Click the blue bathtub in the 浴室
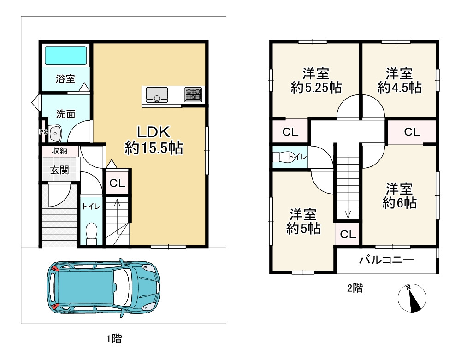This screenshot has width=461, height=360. click(x=65, y=55)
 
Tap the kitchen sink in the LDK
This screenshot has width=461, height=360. click(x=157, y=94)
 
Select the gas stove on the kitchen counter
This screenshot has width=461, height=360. click(x=193, y=94)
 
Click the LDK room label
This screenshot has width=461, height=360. click(x=154, y=132)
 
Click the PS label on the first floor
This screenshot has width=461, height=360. click(x=43, y=132)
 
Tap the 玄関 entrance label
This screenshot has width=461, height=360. click(x=59, y=170)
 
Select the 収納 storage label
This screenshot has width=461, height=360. click(x=59, y=151)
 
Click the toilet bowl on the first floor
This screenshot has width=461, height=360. click(x=91, y=233)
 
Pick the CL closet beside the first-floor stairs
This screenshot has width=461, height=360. click(x=117, y=183)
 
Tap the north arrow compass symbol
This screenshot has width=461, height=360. click(x=412, y=298)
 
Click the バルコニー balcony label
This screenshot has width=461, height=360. click(x=386, y=260)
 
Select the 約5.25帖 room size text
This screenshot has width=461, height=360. click(x=316, y=88)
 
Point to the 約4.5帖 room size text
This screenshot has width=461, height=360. click(x=399, y=88)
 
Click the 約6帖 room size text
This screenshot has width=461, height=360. click(x=399, y=203)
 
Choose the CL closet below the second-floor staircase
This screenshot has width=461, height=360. click(x=348, y=234)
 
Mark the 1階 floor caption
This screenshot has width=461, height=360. click(x=114, y=339)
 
